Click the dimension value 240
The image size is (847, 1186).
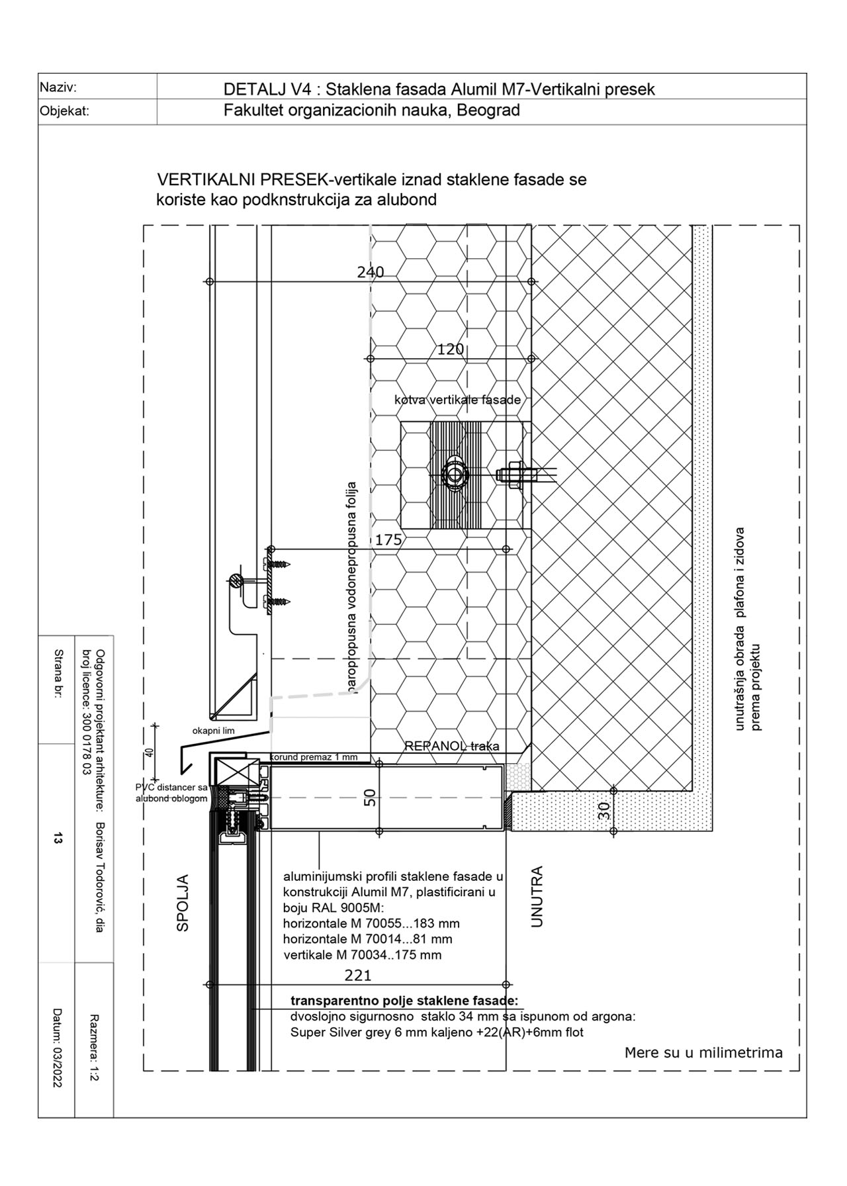[371, 272]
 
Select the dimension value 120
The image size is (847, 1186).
[450, 349]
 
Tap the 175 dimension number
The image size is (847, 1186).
[388, 540]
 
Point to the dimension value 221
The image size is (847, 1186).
[358, 975]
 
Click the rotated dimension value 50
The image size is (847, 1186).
[370, 798]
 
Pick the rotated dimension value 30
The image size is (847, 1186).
[603, 811]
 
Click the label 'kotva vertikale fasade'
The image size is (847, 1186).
[457, 400]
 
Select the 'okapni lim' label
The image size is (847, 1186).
[213, 731]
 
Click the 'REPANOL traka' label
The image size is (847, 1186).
[452, 746]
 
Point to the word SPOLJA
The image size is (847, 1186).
[183, 903]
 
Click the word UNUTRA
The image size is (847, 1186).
[537, 896]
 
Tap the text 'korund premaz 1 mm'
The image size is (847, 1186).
[314, 757]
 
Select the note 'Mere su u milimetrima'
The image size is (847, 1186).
[703, 1052]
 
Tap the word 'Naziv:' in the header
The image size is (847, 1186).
[58, 87]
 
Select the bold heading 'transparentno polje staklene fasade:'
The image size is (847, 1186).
[404, 1000]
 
